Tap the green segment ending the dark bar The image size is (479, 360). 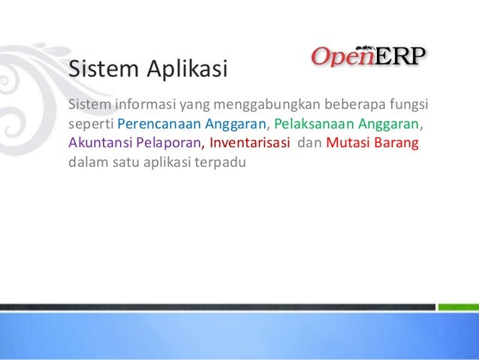[457, 307]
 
